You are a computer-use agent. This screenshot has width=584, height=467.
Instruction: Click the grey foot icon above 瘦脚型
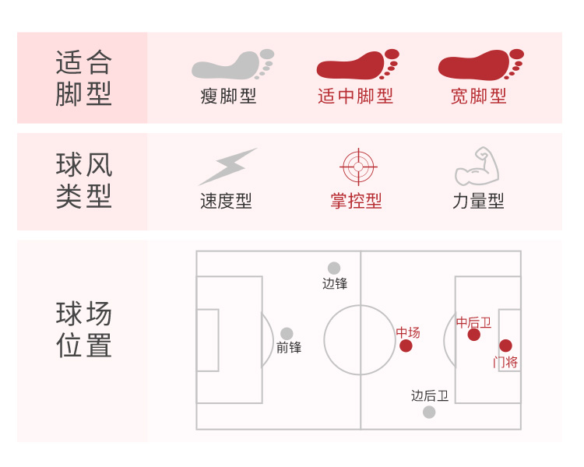[232, 65]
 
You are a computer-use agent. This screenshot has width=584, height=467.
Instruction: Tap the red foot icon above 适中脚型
[357, 65]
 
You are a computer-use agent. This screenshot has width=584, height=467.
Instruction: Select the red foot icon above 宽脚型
[479, 65]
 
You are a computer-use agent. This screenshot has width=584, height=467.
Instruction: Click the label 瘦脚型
[228, 97]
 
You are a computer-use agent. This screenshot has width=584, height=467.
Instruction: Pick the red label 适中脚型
[355, 97]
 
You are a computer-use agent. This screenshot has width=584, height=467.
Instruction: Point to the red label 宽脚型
[478, 97]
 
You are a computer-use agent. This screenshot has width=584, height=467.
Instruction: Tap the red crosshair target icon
[358, 167]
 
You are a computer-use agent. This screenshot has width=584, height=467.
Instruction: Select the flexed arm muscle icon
[477, 166]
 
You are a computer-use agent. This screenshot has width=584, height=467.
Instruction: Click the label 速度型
[226, 201]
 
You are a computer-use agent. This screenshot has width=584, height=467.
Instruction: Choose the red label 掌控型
[356, 201]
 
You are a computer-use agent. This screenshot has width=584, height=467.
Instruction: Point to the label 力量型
[478, 201]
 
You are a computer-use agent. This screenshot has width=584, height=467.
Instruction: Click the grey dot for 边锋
[334, 268]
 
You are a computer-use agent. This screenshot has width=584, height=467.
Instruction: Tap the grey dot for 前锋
[287, 333]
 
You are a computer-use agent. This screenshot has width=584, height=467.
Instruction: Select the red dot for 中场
[406, 346]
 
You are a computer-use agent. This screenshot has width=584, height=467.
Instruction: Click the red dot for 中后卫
[473, 335]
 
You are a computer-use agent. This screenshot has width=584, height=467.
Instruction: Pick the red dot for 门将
[505, 346]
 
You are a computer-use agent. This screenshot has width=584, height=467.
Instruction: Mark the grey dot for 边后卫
[429, 412]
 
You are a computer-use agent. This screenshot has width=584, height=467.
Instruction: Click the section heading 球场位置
[84, 330]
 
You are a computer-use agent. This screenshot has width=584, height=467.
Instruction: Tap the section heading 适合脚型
[84, 78]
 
